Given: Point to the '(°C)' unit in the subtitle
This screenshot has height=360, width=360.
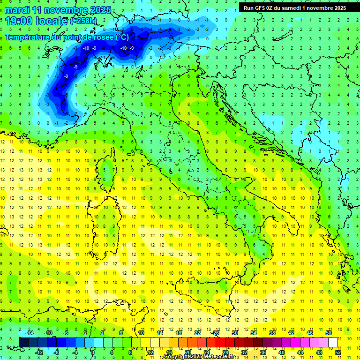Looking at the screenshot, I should tap(121, 37).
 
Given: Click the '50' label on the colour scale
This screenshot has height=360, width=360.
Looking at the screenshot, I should tap(328, 332).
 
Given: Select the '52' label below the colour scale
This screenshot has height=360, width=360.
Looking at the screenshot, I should tap(338, 352).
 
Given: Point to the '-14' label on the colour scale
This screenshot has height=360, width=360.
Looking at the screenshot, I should tap(29, 332).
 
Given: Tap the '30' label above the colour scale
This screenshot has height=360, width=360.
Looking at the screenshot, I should tap(234, 332).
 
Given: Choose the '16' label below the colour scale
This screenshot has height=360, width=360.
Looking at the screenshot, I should tap(169, 352).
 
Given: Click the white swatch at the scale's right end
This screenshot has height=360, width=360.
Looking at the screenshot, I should tap(333, 343).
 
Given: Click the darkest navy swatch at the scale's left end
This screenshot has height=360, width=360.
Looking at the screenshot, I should tap(23, 343).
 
